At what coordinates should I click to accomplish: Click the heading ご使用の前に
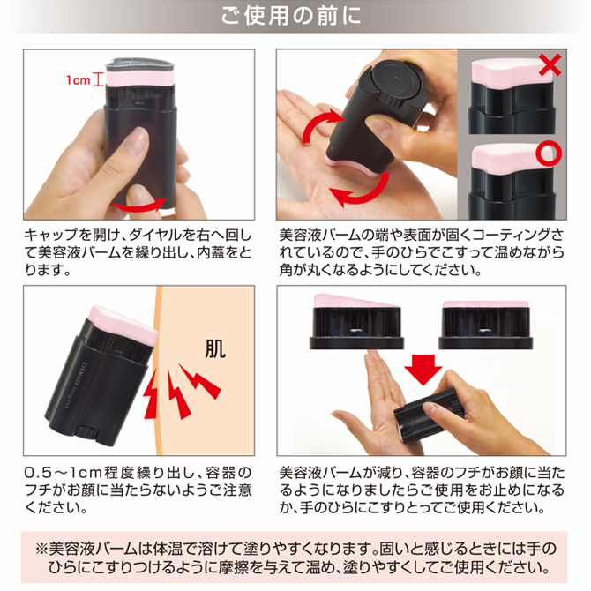[x=290, y=16]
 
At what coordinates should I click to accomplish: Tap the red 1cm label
[x=78, y=80]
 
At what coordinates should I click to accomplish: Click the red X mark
[x=550, y=64]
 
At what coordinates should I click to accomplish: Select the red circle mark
[x=549, y=153]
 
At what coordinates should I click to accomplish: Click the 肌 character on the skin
[x=215, y=349]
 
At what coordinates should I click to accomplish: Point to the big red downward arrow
[x=423, y=370]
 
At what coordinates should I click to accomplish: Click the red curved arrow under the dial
[x=138, y=205]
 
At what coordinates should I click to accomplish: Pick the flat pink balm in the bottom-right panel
[x=485, y=304]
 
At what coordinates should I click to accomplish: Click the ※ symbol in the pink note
[x=41, y=549]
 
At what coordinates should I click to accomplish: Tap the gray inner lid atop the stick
[x=140, y=64]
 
